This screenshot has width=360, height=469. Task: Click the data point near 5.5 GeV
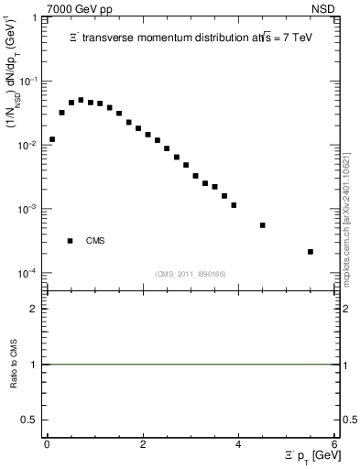pyautogui.click(x=311, y=251)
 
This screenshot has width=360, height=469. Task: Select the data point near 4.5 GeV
pyautogui.click(x=263, y=224)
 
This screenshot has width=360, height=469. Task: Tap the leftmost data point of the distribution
pyautogui.click(x=52, y=139)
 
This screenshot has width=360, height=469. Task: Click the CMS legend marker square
pyautogui.click(x=71, y=241)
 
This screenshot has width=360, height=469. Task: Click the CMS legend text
pyautogui.click(x=95, y=241)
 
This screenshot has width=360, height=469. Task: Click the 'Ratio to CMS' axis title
pyautogui.click(x=14, y=365)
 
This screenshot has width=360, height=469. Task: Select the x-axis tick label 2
pyautogui.click(x=143, y=444)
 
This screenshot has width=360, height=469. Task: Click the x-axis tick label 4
pyautogui.click(x=239, y=444)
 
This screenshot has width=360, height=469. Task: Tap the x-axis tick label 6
pyautogui.click(x=335, y=444)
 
